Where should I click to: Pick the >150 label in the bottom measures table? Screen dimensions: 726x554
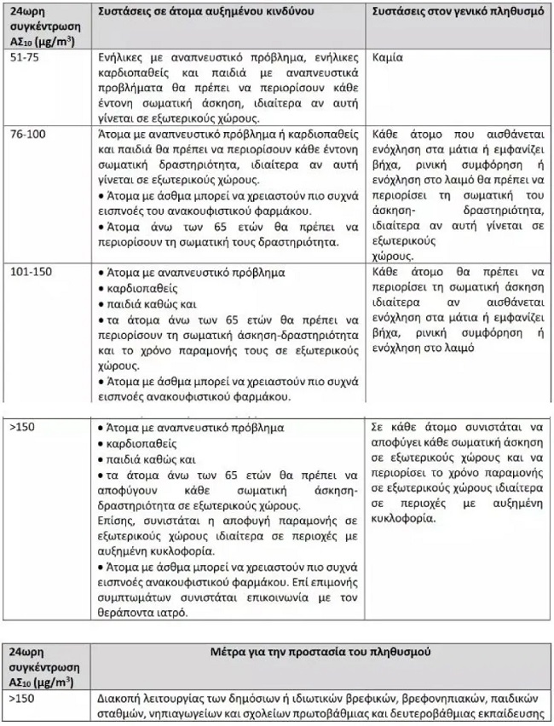click(22, 697)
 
